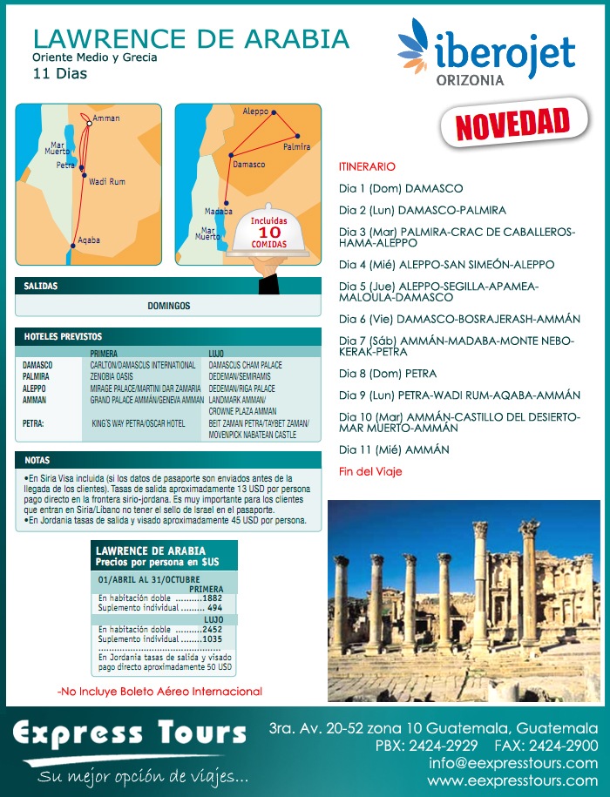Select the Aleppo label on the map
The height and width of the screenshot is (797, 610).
pyautogui.click(x=255, y=112)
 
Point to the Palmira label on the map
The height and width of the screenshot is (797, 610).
pyautogui.click(x=296, y=147)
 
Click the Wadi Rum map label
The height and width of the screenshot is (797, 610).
pyautogui.click(x=107, y=181)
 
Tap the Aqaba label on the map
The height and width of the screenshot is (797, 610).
pyautogui.click(x=89, y=240)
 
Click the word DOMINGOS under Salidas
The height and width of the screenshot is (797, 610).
pyautogui.click(x=168, y=306)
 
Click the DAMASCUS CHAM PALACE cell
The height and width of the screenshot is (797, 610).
pyautogui.click(x=245, y=364)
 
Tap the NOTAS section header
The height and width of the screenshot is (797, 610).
pyautogui.click(x=37, y=459)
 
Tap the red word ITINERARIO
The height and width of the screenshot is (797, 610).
pyautogui.click(x=367, y=166)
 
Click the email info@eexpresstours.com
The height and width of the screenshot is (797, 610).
pyautogui.click(x=513, y=763)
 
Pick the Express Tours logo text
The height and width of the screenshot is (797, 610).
pyautogui.click(x=129, y=734)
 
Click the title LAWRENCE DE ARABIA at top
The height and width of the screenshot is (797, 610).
pyautogui.click(x=190, y=39)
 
